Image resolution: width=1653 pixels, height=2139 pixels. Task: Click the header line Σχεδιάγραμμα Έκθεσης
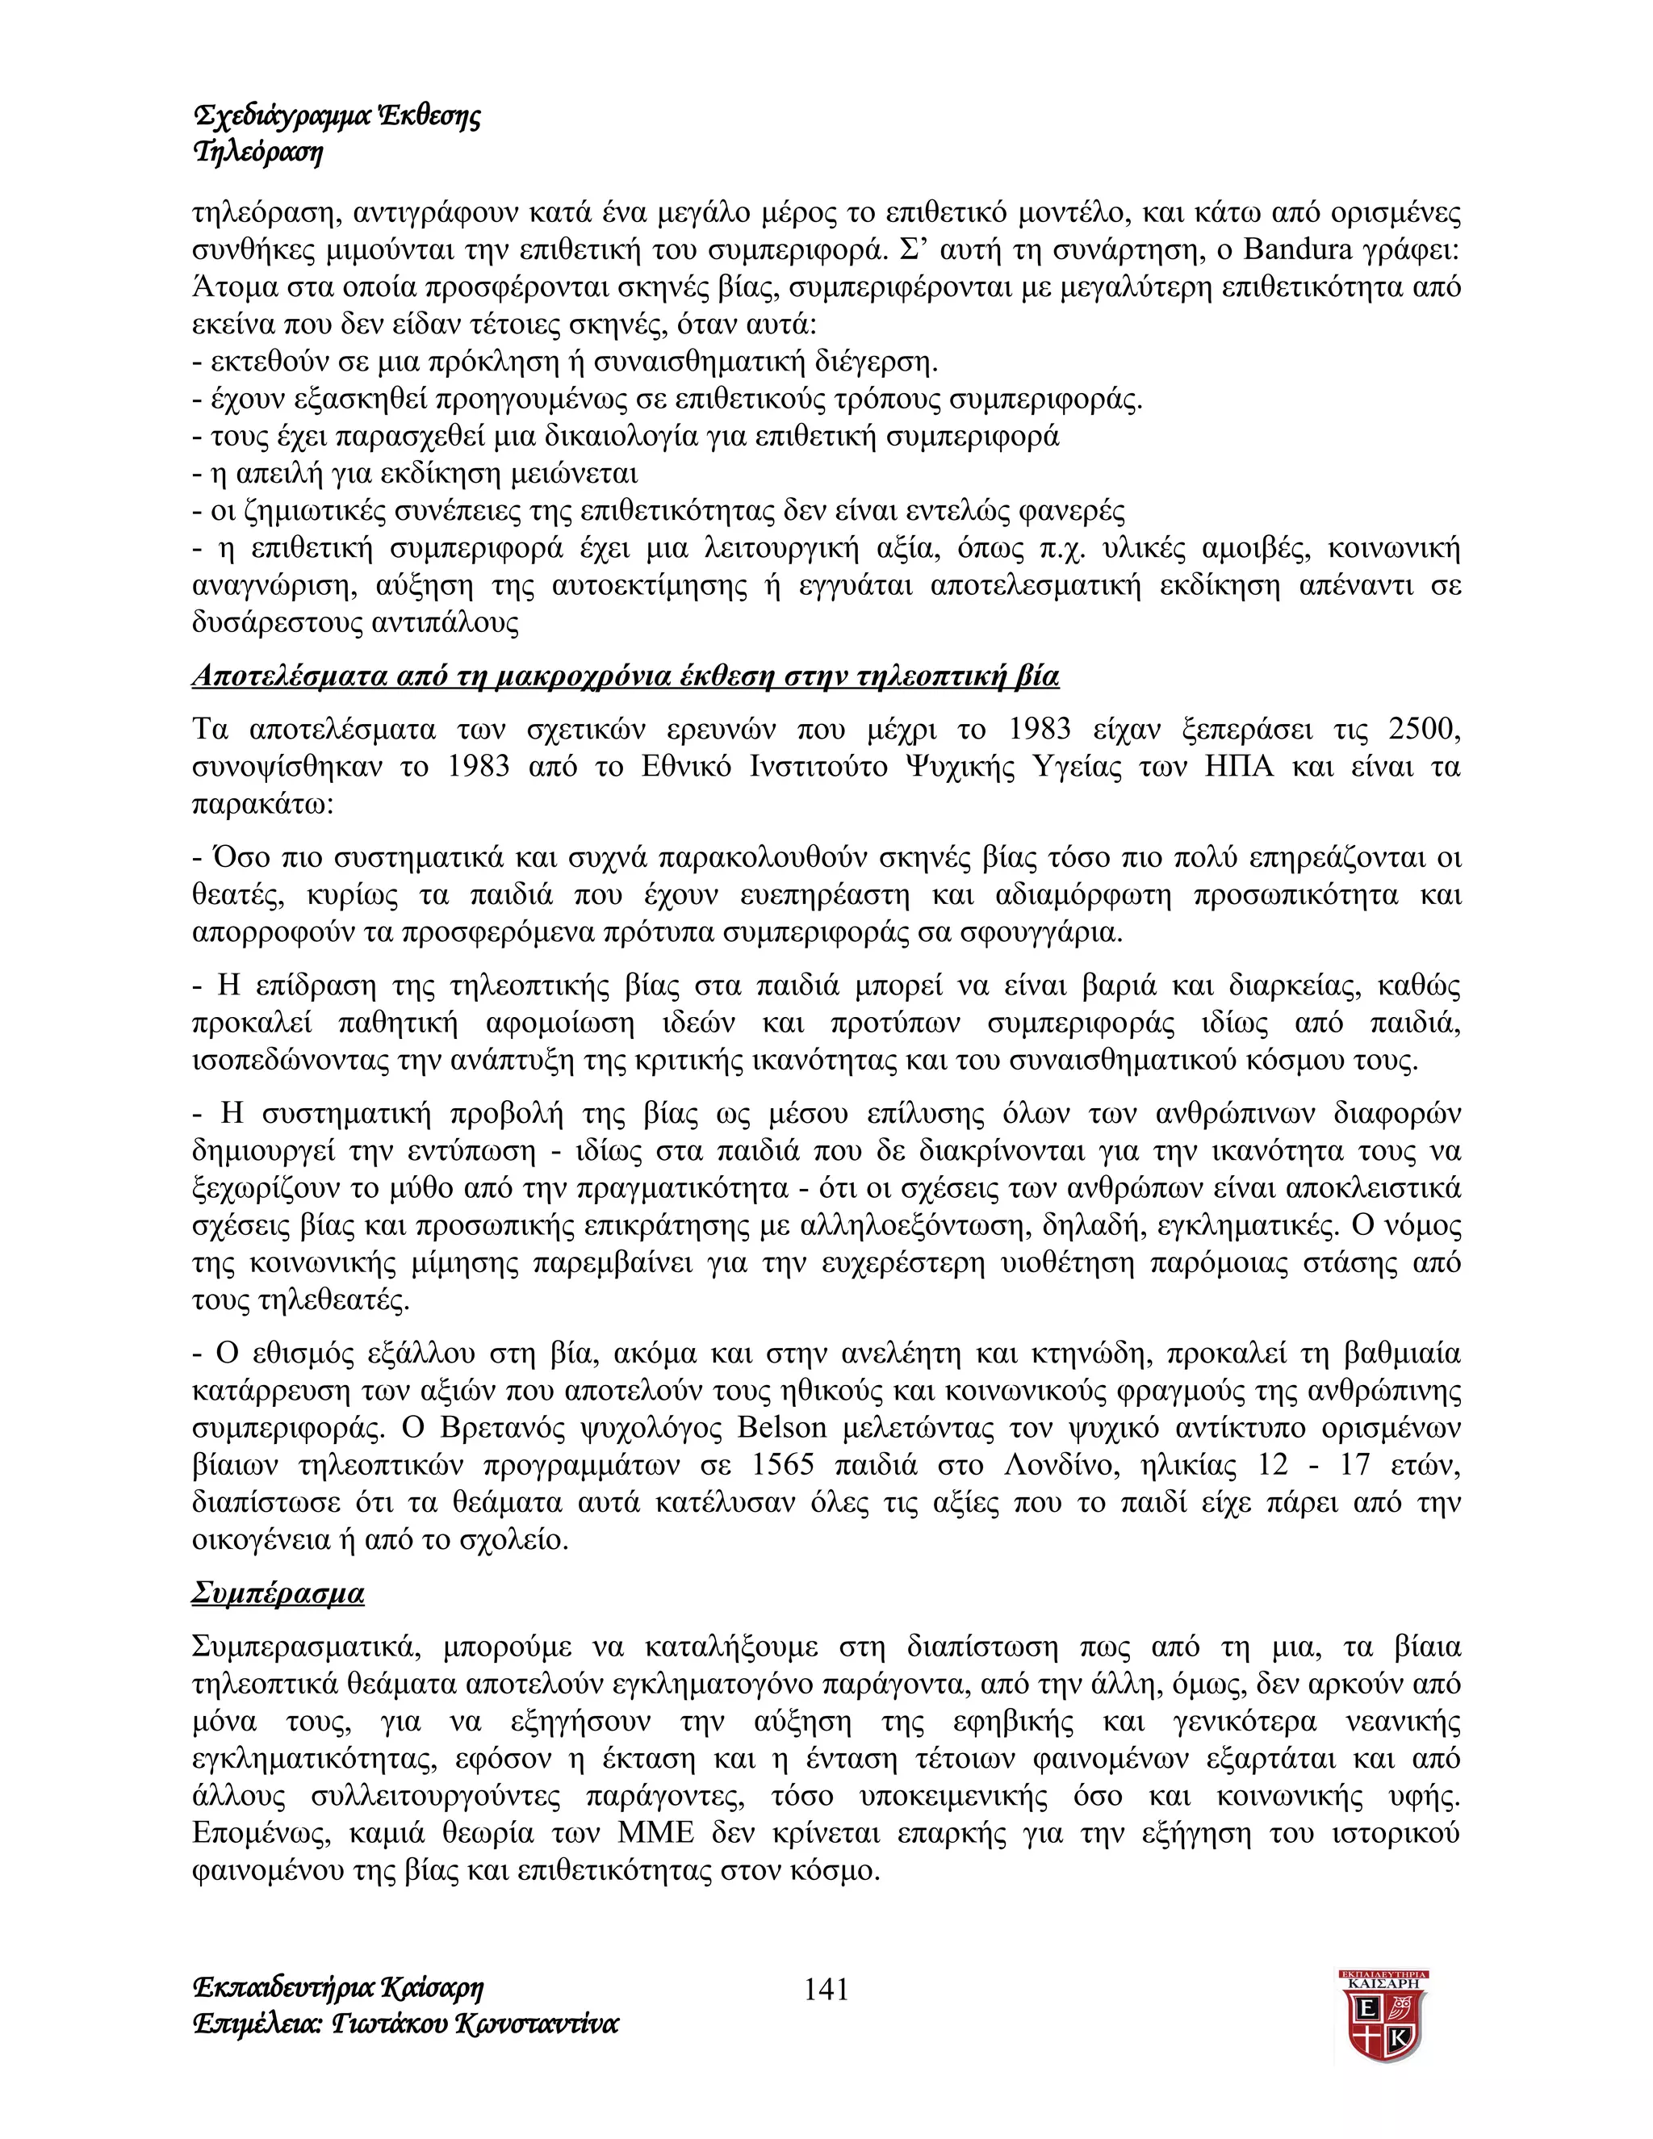point(337,116)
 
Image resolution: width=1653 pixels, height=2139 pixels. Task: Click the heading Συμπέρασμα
point(278,1593)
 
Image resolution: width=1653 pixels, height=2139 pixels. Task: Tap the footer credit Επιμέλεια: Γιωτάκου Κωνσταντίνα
point(405,2024)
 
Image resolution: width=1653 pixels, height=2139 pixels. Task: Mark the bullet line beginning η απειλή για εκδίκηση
point(414,474)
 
